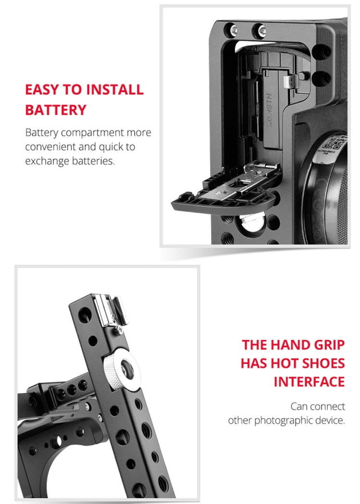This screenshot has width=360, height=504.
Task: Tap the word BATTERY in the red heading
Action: (56, 109)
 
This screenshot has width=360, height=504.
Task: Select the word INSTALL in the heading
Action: (115, 89)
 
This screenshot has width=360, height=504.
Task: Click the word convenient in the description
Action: (50, 146)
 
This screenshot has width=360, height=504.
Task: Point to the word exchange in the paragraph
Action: (47, 161)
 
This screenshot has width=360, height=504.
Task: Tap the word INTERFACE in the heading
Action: (309, 382)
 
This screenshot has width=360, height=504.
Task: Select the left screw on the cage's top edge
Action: (234, 30)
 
